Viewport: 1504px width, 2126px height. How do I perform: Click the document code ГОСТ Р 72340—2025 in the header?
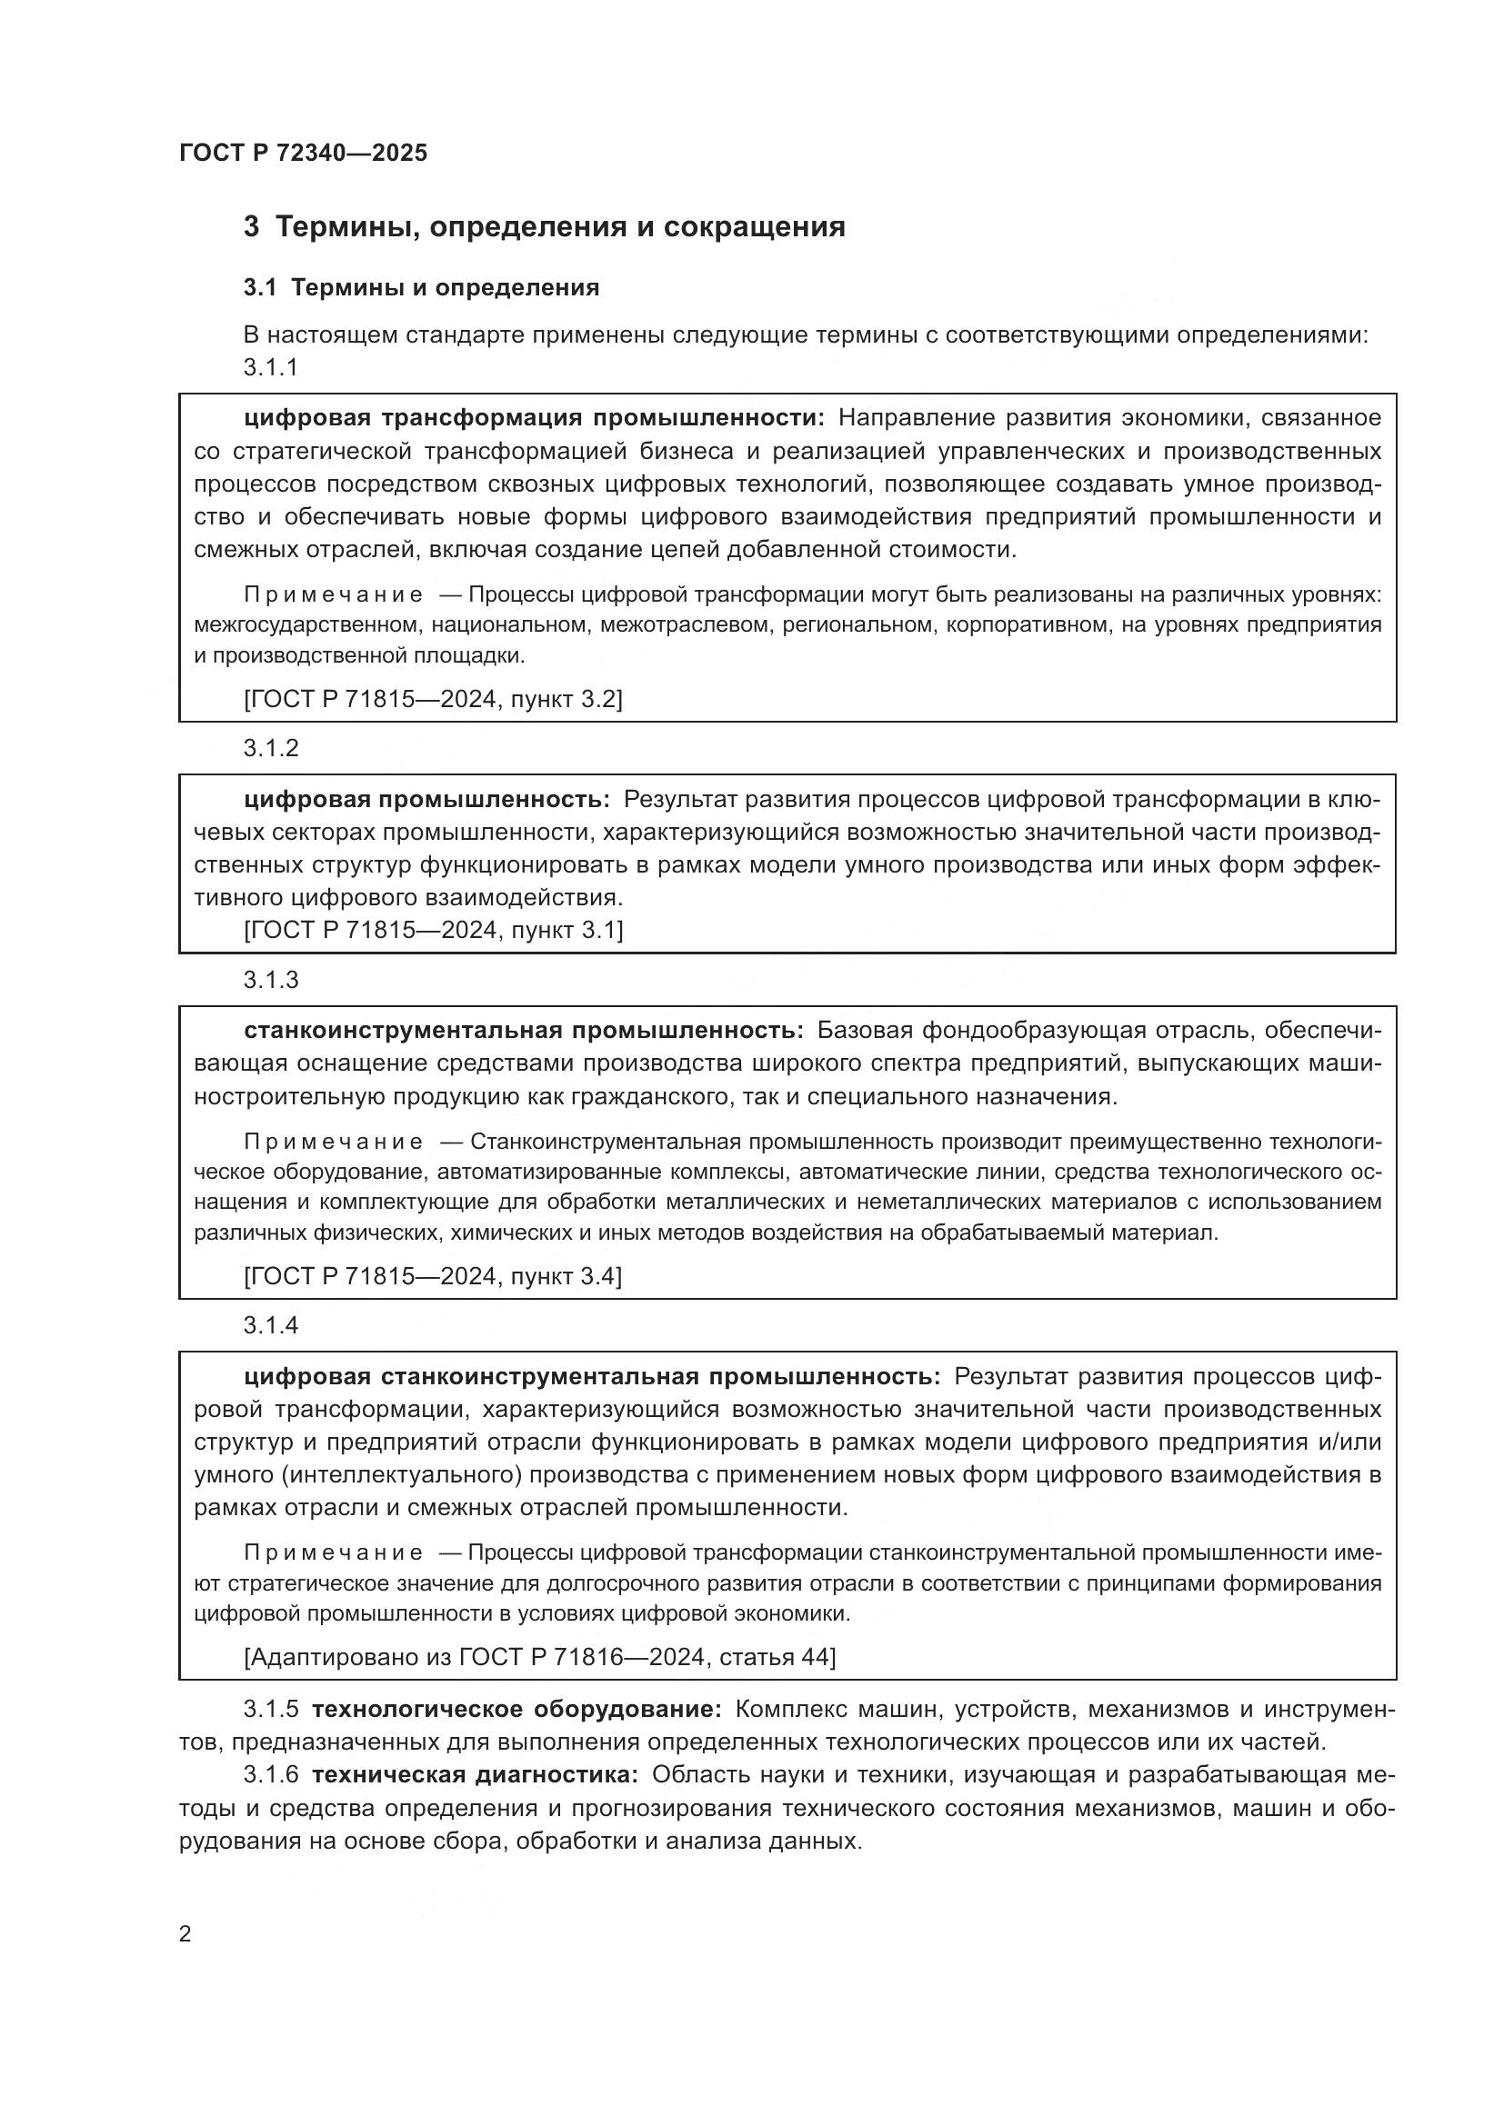(303, 153)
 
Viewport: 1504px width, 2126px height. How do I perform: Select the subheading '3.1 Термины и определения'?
(421, 288)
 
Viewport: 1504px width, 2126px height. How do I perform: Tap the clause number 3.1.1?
(270, 367)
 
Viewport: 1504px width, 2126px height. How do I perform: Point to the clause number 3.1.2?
(270, 748)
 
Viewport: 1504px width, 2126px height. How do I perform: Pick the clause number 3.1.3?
(270, 980)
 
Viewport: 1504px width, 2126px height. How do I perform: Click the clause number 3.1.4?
(270, 1325)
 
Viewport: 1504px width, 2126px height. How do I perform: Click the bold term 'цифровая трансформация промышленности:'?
(534, 418)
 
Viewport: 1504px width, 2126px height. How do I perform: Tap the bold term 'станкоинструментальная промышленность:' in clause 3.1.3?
(523, 1031)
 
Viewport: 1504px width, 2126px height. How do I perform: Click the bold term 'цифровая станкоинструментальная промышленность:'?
(592, 1376)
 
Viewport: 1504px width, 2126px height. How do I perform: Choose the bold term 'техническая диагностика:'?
(475, 1774)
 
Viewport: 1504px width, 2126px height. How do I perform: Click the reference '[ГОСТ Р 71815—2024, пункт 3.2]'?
(433, 699)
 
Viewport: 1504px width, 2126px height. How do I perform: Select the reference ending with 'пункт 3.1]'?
(433, 930)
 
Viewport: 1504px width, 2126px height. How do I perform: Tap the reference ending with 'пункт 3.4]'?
(433, 1276)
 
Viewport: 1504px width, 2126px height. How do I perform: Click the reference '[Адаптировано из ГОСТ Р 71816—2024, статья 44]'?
(539, 1657)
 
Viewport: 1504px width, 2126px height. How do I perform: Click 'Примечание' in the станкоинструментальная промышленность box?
(334, 1142)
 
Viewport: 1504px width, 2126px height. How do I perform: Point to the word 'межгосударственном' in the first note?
(305, 625)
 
